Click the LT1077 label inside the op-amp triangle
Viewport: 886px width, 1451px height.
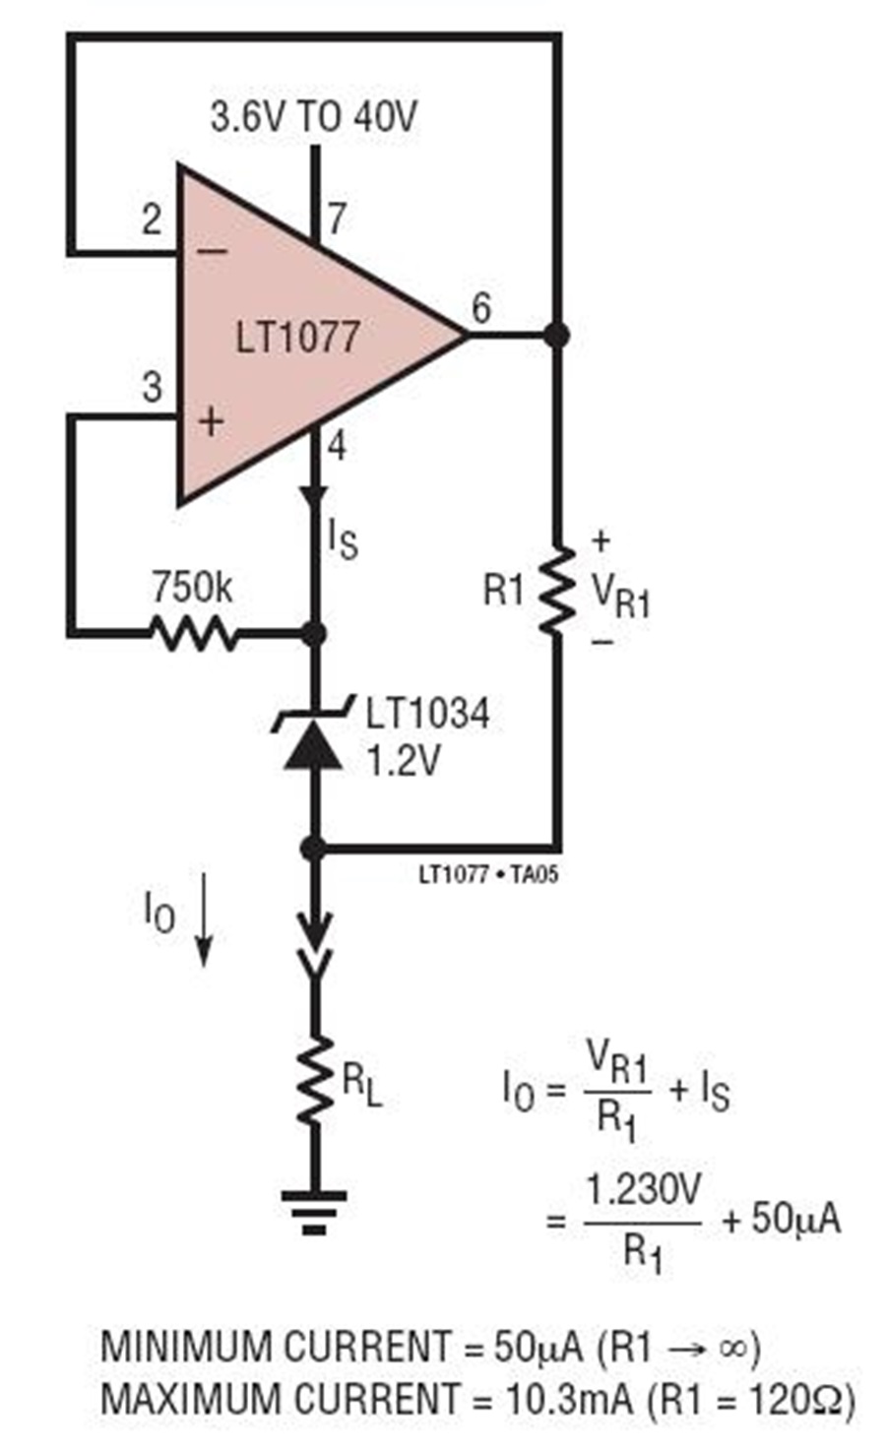[297, 337]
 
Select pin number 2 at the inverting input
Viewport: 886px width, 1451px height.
[152, 220]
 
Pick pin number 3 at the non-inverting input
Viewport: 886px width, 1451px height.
[153, 387]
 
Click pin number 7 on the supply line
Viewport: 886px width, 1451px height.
[337, 219]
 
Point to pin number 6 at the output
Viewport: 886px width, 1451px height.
[481, 308]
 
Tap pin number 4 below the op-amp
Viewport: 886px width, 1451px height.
[337, 446]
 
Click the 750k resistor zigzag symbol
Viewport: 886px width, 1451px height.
[194, 633]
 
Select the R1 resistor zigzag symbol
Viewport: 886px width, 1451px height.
[556, 590]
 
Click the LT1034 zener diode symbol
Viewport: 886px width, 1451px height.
[314, 732]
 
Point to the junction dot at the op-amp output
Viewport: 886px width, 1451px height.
[555, 336]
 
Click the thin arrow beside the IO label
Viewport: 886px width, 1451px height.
[204, 919]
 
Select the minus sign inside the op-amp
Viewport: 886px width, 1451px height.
[212, 251]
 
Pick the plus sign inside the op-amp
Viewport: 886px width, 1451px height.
[212, 421]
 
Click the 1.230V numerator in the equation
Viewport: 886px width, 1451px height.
[643, 1189]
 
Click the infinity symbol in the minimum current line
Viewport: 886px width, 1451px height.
[732, 1349]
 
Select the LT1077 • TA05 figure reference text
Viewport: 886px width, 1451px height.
[488, 875]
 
